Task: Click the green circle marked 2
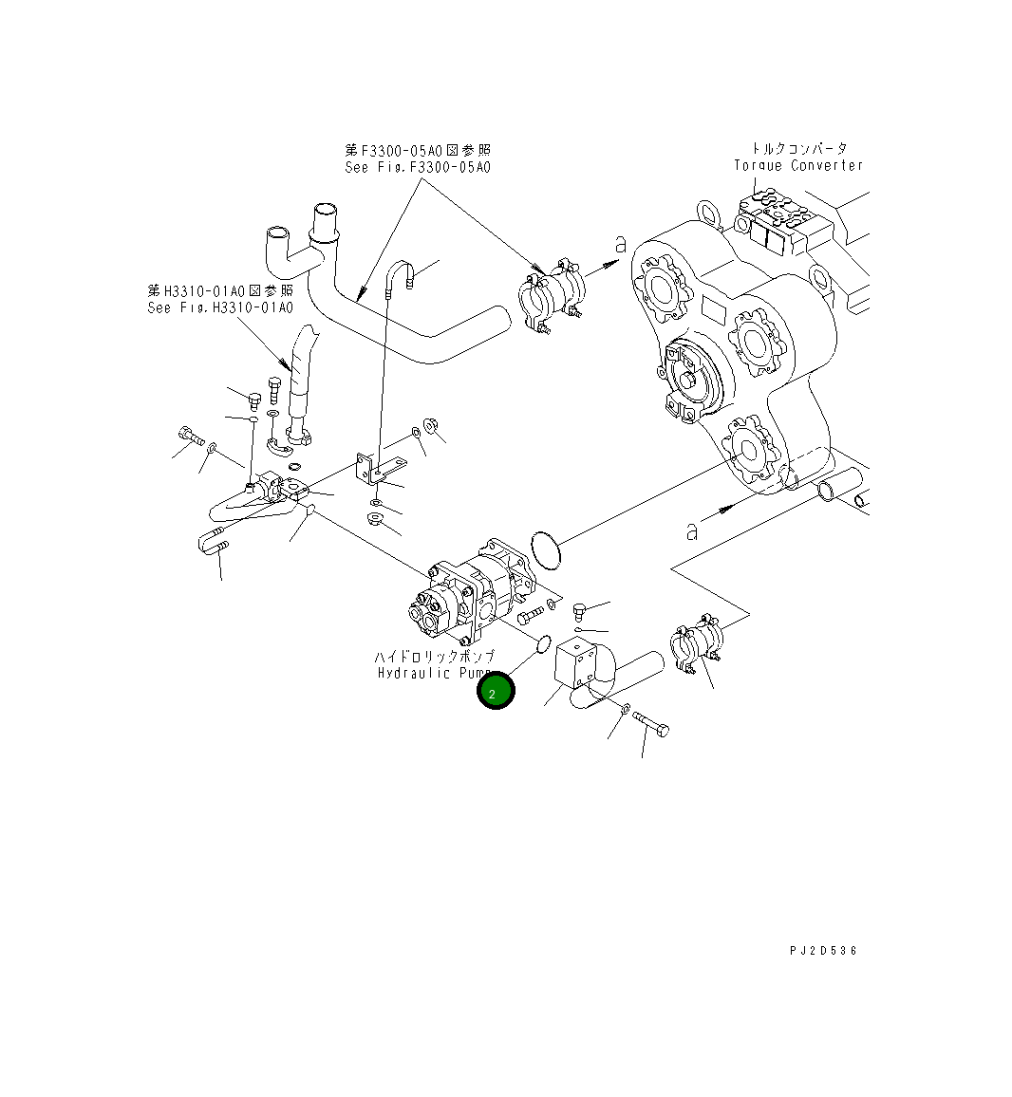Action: click(x=495, y=691)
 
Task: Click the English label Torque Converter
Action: click(x=798, y=166)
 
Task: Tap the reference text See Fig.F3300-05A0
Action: click(x=418, y=168)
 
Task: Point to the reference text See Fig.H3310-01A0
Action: click(x=220, y=307)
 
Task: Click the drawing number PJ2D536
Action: click(x=822, y=950)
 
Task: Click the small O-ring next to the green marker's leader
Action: click(x=544, y=645)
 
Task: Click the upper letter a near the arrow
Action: click(x=621, y=245)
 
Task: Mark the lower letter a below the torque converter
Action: click(x=693, y=530)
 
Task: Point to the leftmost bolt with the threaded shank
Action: click(x=189, y=437)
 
